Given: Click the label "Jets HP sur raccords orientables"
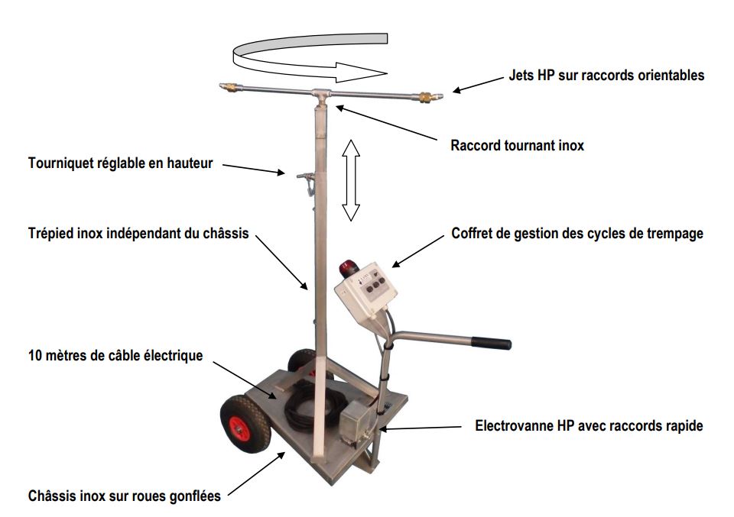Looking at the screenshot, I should click(x=606, y=75).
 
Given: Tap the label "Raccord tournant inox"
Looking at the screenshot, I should click(x=517, y=144).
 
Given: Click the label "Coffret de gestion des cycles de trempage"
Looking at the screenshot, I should click(x=576, y=234).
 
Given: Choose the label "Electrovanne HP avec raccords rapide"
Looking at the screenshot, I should click(x=589, y=426).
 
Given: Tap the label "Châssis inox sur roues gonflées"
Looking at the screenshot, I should click(x=125, y=496).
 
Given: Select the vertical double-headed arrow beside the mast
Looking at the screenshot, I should click(x=350, y=179).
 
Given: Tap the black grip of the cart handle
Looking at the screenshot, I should click(x=489, y=341).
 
